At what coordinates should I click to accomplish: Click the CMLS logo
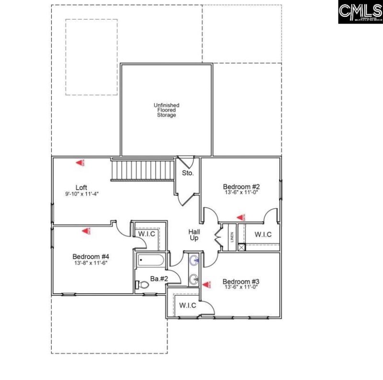[x=360, y=12]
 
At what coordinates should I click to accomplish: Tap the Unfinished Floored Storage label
[x=165, y=110]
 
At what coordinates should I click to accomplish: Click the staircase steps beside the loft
[x=142, y=171]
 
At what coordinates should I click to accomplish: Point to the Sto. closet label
[x=188, y=173]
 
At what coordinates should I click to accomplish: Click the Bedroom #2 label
[x=241, y=186]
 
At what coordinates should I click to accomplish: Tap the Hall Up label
[x=193, y=234]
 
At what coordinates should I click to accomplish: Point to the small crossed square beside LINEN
[x=241, y=247]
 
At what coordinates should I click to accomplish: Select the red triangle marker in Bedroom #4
[x=86, y=231]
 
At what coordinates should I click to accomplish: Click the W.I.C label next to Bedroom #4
[x=146, y=234]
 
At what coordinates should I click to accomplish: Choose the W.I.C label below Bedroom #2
[x=263, y=235]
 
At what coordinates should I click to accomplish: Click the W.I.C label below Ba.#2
[x=188, y=305]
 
